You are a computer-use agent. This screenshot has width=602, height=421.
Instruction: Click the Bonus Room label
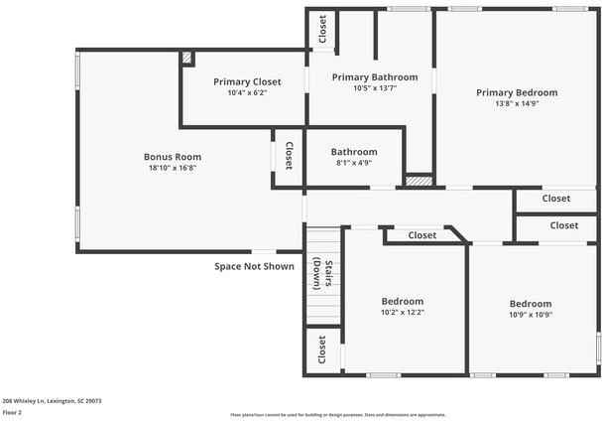pyautogui.click(x=173, y=157)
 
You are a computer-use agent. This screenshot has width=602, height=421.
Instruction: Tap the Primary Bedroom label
pyautogui.click(x=517, y=92)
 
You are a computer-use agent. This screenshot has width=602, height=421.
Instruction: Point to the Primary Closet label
pyautogui.click(x=247, y=81)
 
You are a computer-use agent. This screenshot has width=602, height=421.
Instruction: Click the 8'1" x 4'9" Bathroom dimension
pyautogui.click(x=354, y=163)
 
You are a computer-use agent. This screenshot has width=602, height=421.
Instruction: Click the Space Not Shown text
pyautogui.click(x=255, y=266)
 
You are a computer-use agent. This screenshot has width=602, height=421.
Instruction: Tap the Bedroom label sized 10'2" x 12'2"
pyautogui.click(x=403, y=301)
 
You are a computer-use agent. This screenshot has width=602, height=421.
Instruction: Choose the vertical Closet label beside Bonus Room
pyautogui.click(x=289, y=156)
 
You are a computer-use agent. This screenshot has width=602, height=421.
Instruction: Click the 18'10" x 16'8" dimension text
pyautogui.click(x=173, y=168)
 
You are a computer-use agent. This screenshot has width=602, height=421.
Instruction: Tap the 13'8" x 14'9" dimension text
pyautogui.click(x=517, y=103)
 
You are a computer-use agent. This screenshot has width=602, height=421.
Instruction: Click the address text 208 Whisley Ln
pyautogui.click(x=52, y=401)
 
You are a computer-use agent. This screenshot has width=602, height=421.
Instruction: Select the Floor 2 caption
pyautogui.click(x=12, y=412)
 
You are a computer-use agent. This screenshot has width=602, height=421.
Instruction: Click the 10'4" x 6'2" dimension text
pyautogui.click(x=247, y=92)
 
